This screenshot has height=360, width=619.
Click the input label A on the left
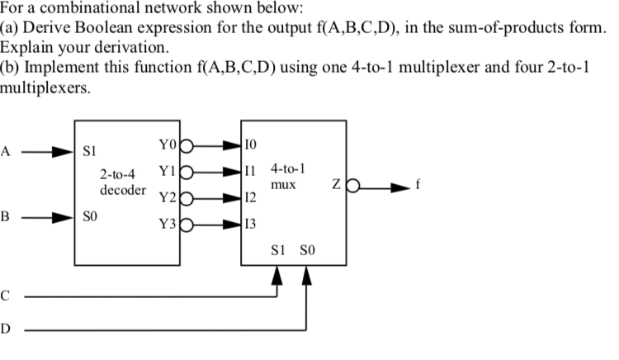click(x=7, y=152)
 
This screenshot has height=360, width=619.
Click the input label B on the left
click(x=7, y=219)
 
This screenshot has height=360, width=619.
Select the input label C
click(x=7, y=295)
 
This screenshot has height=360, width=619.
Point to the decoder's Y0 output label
click(x=168, y=146)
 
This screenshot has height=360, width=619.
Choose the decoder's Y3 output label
click(x=168, y=223)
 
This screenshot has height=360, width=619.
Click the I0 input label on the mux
click(x=252, y=146)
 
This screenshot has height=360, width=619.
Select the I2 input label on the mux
click(x=252, y=198)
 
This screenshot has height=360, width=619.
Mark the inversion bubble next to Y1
click(x=186, y=173)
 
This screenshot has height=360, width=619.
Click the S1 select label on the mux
click(x=278, y=251)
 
